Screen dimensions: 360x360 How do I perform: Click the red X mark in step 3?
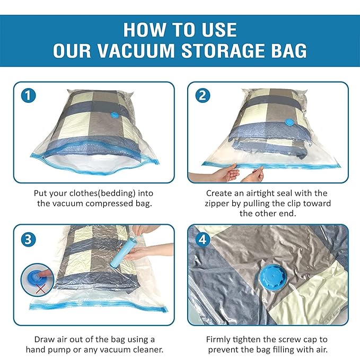point(38,291)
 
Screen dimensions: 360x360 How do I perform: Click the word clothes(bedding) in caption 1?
point(99,193)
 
